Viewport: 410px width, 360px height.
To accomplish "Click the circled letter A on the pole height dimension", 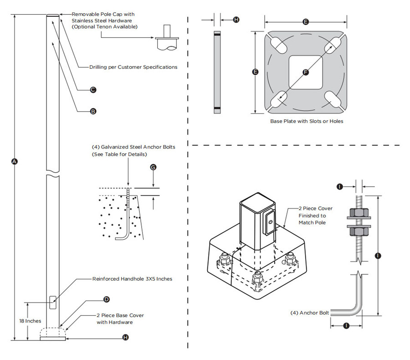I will coord(14,161).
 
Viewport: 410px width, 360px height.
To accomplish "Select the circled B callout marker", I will coord(93,111).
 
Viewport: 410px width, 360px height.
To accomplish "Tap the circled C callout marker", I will coord(93,90).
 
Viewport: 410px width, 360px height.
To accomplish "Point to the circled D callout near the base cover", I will coord(106,299).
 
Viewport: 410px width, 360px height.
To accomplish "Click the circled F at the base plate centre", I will coord(306,72).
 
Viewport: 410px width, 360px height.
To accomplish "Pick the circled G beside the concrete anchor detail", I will coord(153,168).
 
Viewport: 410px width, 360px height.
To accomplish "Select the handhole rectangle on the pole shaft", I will coord(53,302).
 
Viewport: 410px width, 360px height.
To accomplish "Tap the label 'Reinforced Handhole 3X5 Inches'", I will coord(132,279).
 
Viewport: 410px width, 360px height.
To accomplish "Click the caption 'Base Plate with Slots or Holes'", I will coord(307,121).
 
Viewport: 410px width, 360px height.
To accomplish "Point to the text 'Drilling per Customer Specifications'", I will coord(133,67).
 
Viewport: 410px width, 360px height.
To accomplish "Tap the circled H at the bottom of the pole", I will coord(126,338).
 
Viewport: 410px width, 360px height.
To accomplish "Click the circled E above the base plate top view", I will coord(306,21).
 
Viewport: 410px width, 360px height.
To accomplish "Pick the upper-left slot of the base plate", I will coord(279,45).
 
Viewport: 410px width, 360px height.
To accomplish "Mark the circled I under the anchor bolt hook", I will coord(346,326).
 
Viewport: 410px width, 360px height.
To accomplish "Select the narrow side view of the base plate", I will coord(217,72).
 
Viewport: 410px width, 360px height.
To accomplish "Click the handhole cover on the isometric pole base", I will coord(269,222).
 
